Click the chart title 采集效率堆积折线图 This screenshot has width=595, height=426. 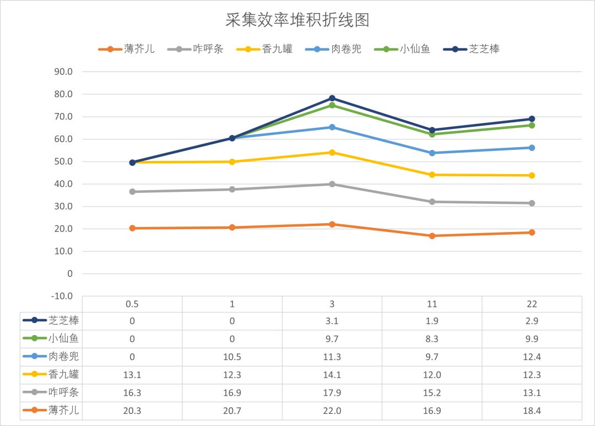click(297, 20)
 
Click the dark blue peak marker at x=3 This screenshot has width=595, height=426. click(332, 98)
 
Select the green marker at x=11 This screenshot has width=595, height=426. click(432, 134)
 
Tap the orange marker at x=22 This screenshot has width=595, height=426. click(532, 233)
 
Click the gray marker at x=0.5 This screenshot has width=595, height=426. click(132, 192)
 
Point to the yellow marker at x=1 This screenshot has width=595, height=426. click(232, 162)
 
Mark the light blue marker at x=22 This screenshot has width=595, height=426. click(532, 148)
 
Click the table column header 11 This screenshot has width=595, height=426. click(432, 304)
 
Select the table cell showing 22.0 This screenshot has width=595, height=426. click(332, 410)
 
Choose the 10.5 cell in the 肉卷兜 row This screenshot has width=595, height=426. click(232, 357)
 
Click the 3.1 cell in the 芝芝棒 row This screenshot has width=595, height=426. click(332, 321)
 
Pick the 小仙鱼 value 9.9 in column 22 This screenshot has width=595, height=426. click(532, 339)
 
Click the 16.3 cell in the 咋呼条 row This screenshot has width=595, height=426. click(132, 392)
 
